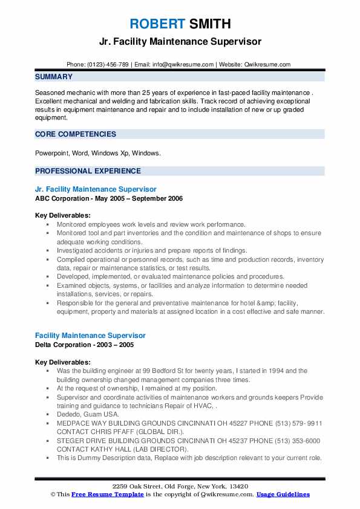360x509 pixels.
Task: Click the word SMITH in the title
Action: (x=209, y=24)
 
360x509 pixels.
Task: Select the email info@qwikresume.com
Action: (x=184, y=64)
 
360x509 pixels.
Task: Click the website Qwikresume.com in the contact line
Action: (x=268, y=64)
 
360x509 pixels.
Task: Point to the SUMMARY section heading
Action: (x=54, y=77)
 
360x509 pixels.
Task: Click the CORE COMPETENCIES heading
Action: (x=76, y=134)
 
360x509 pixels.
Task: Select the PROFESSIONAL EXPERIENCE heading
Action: (x=88, y=171)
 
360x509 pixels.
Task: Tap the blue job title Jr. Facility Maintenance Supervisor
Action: (x=96, y=189)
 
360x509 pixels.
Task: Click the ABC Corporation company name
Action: (x=63, y=198)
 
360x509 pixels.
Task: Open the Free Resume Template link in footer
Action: (x=106, y=494)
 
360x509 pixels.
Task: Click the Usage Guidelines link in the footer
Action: (x=283, y=494)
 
